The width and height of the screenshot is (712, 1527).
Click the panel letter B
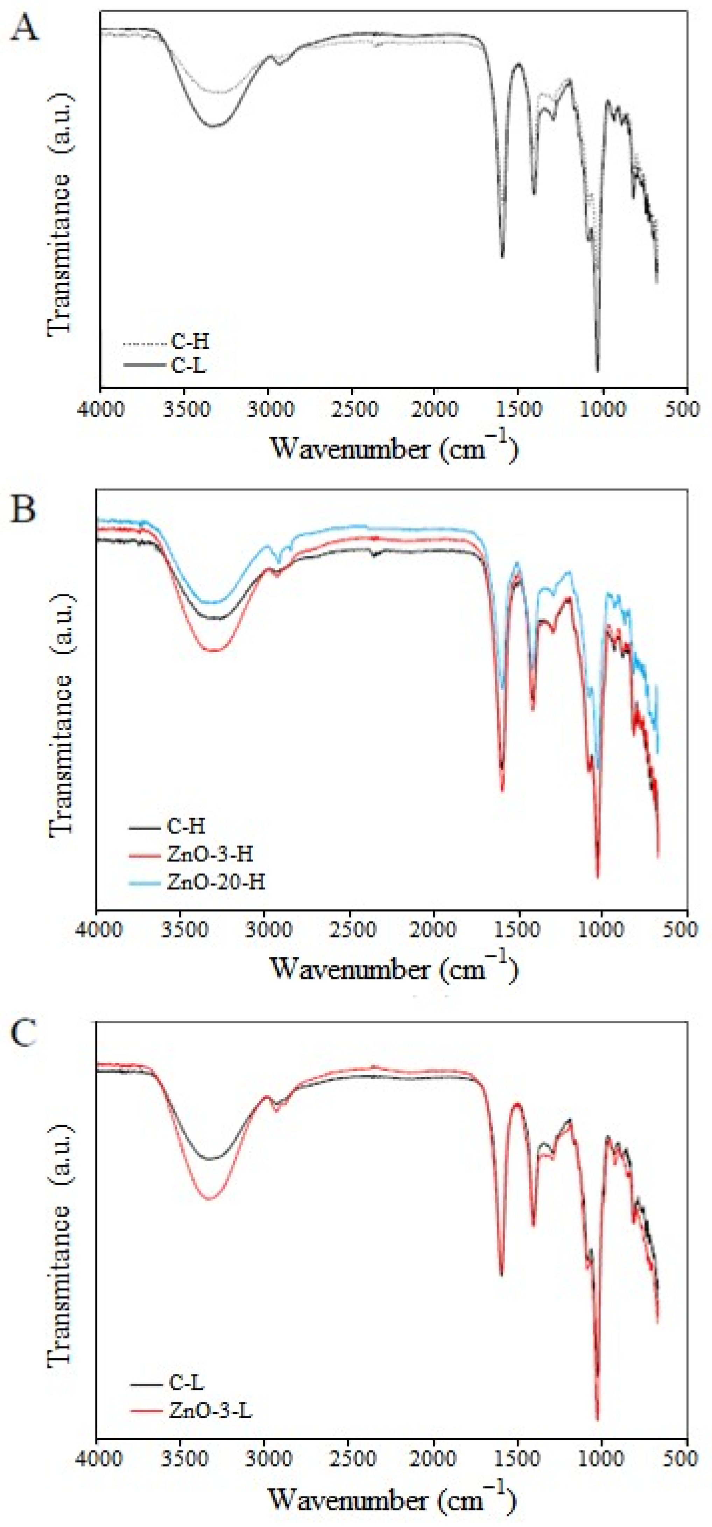coord(24,509)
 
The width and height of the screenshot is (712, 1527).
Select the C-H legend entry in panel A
coord(190,342)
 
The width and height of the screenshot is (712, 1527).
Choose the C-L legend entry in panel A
coord(189,365)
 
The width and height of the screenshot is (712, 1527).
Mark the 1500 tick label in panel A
coord(519,409)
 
